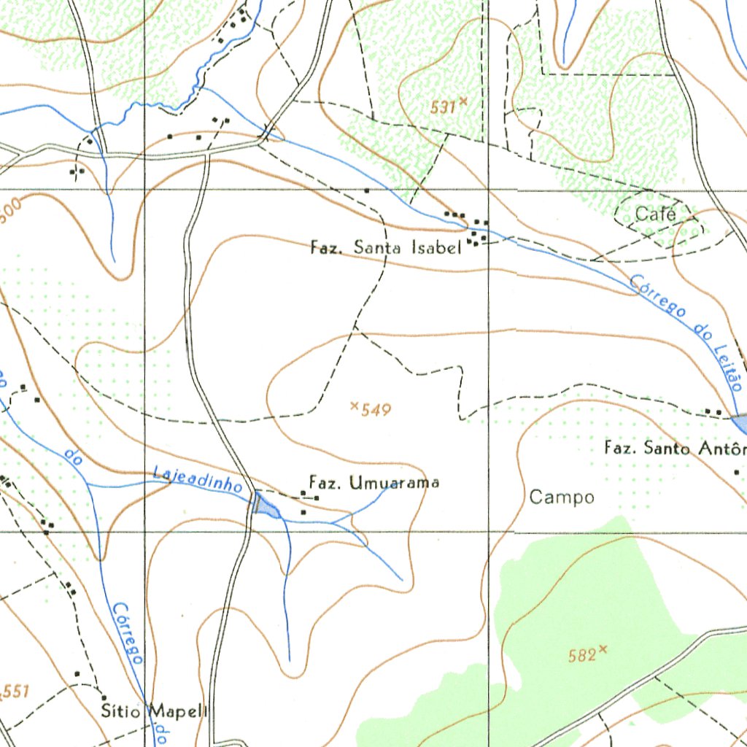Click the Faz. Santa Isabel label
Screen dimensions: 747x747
386,248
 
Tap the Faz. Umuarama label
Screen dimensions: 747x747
374,483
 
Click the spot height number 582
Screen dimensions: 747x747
581,656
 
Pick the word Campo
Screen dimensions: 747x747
562,498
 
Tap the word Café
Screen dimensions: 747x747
654,214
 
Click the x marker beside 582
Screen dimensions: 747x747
603,649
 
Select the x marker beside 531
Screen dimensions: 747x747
462,103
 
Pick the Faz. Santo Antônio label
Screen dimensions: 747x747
675,448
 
